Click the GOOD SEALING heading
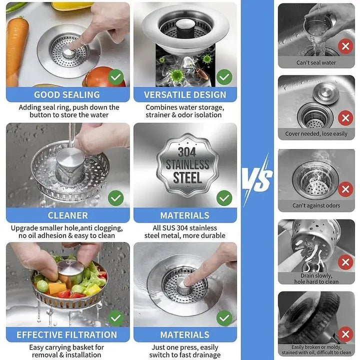point(67,94)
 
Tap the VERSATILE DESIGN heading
point(185,94)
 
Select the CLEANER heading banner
point(67,215)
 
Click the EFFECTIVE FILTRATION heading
point(67,334)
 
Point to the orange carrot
point(16,50)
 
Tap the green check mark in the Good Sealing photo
point(115,77)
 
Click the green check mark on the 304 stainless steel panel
point(224,198)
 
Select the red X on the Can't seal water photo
point(345,46)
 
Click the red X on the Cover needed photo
point(345,118)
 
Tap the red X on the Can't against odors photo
point(345,189)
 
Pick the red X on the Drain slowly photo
point(345,262)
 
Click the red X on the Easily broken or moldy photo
point(345,334)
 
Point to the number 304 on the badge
point(187,152)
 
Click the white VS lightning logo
point(257,179)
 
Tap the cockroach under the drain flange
point(202,73)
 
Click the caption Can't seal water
point(316,62)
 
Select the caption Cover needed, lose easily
point(316,133)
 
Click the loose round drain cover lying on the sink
point(326,93)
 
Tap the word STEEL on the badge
point(187,178)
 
